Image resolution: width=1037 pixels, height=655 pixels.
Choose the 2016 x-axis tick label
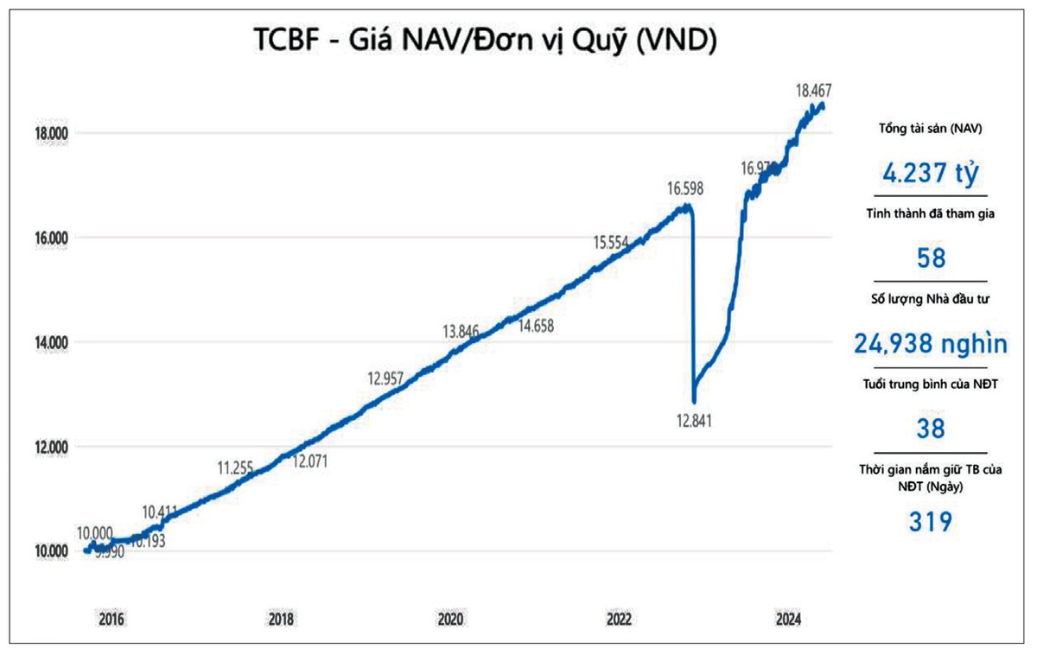point(111,620)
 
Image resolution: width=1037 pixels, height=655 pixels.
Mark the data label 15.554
point(611,243)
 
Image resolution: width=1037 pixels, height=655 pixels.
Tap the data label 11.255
point(235,468)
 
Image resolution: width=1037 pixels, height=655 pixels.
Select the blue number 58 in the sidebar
point(930,258)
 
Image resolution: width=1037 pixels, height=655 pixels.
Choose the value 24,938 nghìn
point(930,344)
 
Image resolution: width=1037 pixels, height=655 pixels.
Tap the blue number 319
point(930,522)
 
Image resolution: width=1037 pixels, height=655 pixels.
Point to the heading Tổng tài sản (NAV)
point(930,129)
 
